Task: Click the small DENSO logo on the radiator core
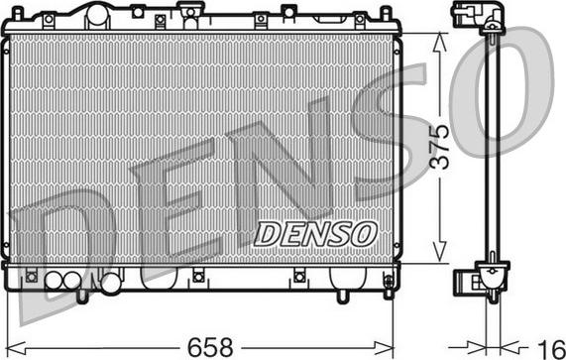316,233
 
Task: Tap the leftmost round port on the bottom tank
54,282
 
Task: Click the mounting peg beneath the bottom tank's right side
342,295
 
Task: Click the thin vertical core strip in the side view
489,149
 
